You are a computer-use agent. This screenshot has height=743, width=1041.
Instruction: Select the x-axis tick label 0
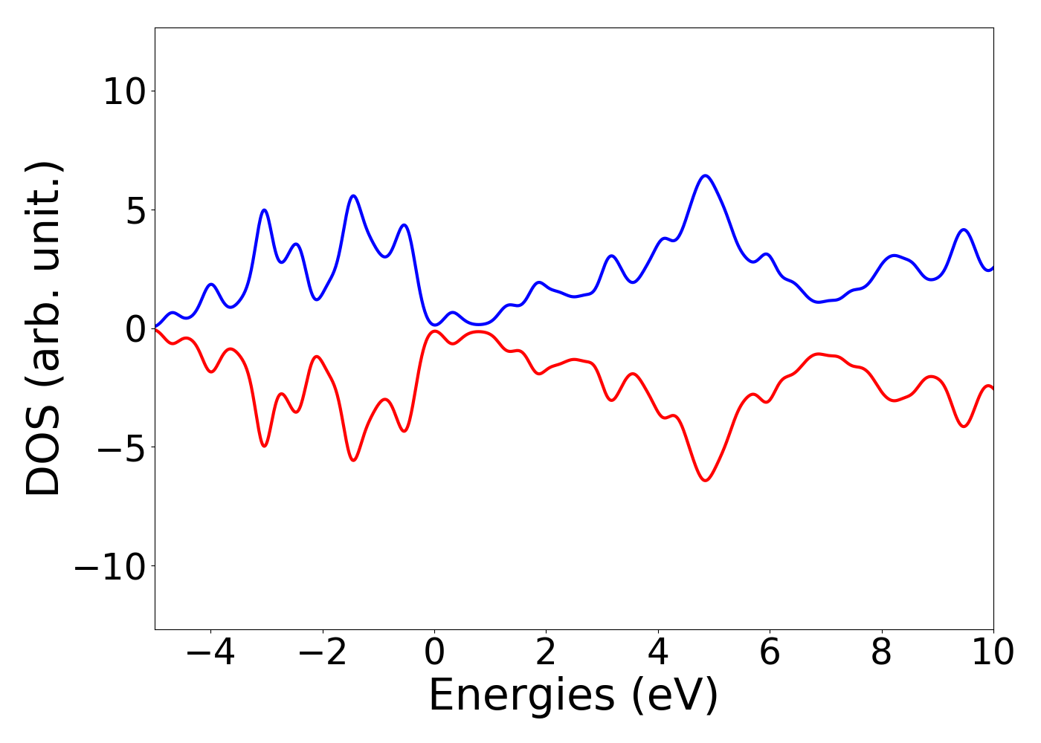click(x=434, y=652)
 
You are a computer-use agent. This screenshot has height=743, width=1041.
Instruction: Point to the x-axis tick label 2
click(x=546, y=652)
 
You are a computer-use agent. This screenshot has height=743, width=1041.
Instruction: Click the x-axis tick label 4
click(x=658, y=652)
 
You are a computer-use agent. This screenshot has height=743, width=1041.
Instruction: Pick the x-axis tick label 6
click(x=770, y=652)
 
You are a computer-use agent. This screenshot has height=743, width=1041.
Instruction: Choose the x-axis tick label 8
click(x=881, y=652)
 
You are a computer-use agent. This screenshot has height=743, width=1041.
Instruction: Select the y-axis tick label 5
click(x=135, y=210)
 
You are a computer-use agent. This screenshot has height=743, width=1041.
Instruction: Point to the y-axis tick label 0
click(x=135, y=328)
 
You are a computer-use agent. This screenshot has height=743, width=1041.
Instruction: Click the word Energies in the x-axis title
click(x=521, y=696)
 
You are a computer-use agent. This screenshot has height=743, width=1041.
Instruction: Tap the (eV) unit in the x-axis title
click(x=675, y=696)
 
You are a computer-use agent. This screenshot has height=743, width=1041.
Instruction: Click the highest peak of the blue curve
click(x=705, y=175)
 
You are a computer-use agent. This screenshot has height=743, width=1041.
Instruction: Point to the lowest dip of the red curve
click(x=705, y=481)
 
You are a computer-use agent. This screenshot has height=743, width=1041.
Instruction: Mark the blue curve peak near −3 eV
click(x=264, y=210)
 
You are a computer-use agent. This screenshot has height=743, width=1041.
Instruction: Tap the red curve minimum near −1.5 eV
click(x=353, y=460)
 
